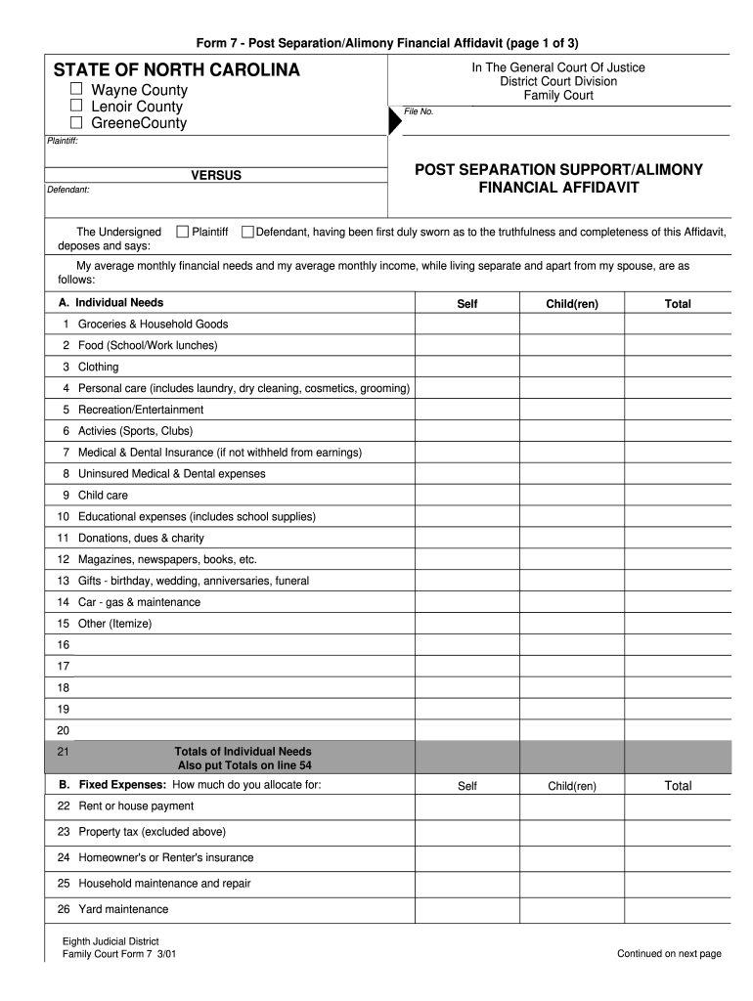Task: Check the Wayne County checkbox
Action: click(x=76, y=90)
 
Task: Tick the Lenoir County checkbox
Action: click(x=76, y=107)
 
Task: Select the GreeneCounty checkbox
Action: click(x=76, y=123)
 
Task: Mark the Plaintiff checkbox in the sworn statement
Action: click(x=182, y=232)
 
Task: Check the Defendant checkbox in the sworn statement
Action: click(x=247, y=232)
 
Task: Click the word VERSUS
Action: click(x=216, y=176)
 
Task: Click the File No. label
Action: click(x=419, y=111)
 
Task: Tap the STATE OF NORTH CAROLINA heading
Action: click(x=177, y=70)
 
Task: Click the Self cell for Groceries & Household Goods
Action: click(x=466, y=325)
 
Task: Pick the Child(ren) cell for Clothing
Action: click(x=571, y=368)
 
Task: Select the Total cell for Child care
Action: click(x=677, y=496)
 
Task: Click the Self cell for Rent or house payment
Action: click(x=466, y=806)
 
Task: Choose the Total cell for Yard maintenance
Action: click(x=677, y=909)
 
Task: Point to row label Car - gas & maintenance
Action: click(x=139, y=602)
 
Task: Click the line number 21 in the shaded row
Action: click(x=64, y=752)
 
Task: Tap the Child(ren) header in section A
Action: click(x=571, y=304)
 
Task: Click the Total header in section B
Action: click(x=677, y=786)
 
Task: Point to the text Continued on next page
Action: click(x=669, y=954)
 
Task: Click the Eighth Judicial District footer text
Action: click(x=111, y=941)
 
